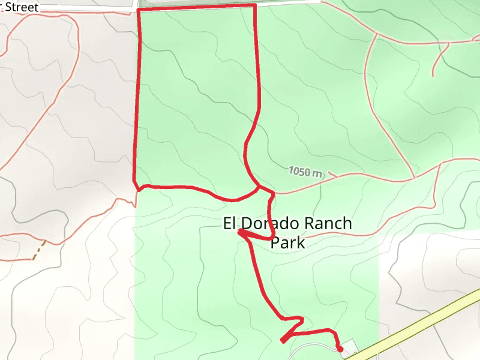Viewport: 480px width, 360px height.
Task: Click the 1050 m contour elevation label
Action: click(305, 172)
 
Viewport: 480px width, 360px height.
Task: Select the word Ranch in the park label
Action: click(328, 224)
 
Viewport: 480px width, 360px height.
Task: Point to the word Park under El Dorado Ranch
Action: click(287, 243)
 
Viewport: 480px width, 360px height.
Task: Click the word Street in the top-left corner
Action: click(22, 7)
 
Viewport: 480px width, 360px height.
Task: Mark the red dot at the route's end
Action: click(340, 349)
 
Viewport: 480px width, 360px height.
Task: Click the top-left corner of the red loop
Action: click(139, 11)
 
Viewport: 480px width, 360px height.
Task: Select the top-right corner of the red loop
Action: click(255, 5)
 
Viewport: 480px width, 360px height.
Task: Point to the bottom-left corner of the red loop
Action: click(134, 182)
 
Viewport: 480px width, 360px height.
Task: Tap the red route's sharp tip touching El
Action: click(239, 232)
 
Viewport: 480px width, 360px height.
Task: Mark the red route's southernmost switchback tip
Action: click(282, 341)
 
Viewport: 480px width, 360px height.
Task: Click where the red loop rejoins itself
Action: click(259, 187)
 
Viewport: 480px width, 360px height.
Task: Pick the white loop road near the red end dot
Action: click(312, 347)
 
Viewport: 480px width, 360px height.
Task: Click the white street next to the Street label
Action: click(90, 10)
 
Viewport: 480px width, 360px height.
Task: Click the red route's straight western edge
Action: click(136, 96)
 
